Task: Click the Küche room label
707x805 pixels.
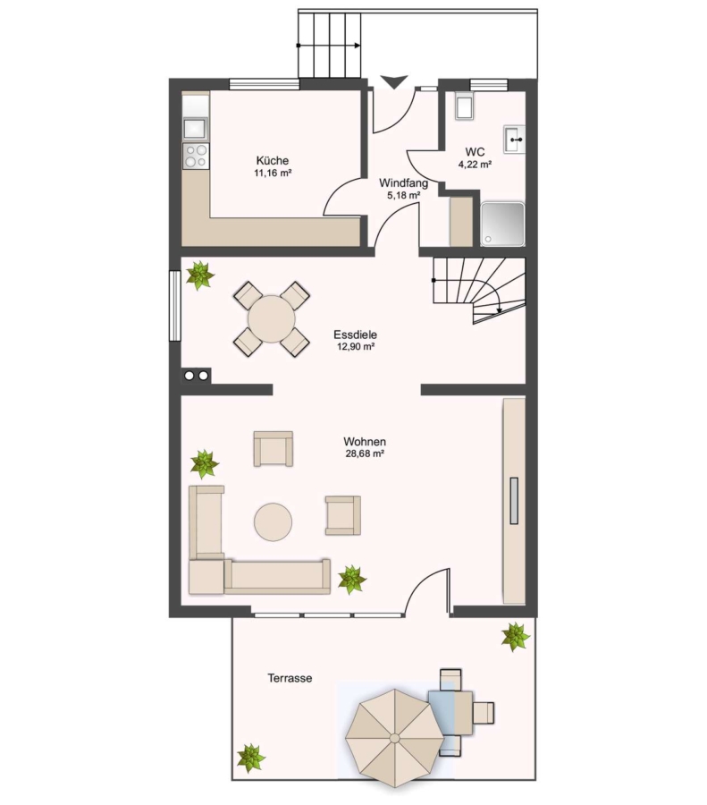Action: coord(273,160)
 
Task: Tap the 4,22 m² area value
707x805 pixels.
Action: coord(476,165)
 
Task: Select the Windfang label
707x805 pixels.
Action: coord(403,182)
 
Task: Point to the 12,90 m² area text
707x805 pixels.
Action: coord(356,346)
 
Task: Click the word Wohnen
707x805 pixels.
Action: coord(365,442)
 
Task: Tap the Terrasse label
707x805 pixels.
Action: coord(290,678)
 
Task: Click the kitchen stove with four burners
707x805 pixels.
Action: coord(196,156)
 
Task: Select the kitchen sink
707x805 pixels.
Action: coord(196,129)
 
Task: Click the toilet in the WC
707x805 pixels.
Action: coord(464,106)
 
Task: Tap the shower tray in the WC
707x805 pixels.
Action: coord(503,224)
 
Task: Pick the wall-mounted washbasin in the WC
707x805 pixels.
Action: coord(514,140)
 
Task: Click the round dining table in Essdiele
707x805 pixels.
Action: coord(272,318)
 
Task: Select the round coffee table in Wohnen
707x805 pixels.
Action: coord(273,521)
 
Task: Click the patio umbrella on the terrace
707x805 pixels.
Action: coord(394,738)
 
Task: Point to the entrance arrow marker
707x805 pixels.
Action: coord(394,81)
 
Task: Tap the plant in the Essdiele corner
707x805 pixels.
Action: coord(199,275)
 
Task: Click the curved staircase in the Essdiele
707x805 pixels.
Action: coord(479,290)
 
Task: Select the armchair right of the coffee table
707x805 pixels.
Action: coord(342,515)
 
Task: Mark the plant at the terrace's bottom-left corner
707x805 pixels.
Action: coord(251,758)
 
